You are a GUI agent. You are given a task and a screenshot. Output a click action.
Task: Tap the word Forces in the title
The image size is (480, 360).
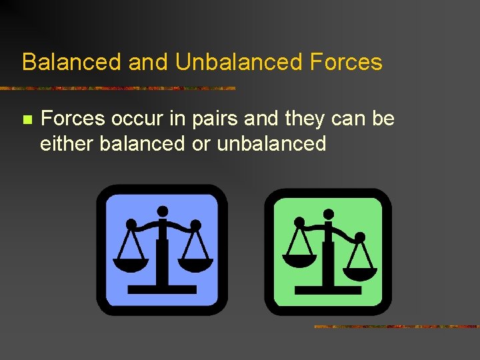point(346,62)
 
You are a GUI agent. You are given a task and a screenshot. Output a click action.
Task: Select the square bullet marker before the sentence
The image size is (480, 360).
point(27,120)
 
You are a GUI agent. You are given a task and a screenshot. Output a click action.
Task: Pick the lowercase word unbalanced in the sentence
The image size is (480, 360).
point(271,143)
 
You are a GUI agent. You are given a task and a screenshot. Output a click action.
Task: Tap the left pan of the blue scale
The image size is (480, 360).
point(131,264)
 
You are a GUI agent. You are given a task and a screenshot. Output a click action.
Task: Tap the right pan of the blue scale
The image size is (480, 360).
point(195,264)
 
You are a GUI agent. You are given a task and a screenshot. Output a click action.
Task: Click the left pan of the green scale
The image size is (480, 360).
point(299,260)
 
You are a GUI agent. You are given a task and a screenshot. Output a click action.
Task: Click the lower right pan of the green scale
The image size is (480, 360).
point(359,273)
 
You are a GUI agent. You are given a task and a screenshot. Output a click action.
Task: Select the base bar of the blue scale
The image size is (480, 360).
point(162,289)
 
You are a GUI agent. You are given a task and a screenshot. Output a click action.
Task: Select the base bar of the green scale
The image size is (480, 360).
point(328,290)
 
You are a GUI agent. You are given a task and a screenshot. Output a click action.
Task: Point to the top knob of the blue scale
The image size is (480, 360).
point(163,211)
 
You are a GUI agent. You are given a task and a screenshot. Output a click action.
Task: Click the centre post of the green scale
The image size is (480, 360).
point(328,263)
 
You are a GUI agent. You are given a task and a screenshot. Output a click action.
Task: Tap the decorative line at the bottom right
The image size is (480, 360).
point(396,327)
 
